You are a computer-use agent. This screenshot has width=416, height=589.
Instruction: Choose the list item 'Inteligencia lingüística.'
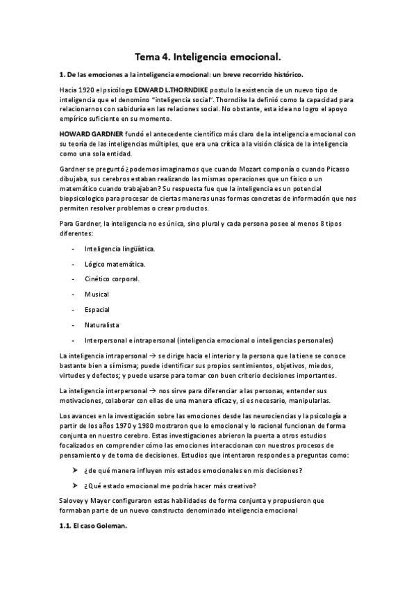pos(119,248)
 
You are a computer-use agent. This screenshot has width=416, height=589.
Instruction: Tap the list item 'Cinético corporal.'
pos(112,279)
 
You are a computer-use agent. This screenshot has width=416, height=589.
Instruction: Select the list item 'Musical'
pos(97,294)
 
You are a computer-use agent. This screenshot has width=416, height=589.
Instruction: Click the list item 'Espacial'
pos(97,309)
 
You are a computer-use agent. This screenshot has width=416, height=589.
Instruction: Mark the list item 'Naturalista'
pos(102,324)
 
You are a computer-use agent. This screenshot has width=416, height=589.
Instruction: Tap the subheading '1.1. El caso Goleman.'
pos(93,526)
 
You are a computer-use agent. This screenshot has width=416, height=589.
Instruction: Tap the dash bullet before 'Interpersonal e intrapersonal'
pos(73,340)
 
